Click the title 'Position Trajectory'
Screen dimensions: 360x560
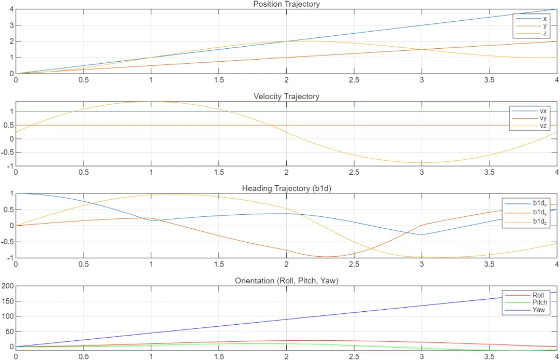click(x=286, y=4)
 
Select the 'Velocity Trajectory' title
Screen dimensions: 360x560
click(x=286, y=96)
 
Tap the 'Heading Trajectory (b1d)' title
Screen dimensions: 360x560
click(x=286, y=188)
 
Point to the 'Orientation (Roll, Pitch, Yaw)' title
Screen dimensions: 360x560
click(x=286, y=281)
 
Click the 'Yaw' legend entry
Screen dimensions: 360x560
click(x=538, y=310)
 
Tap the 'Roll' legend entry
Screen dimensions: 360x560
click(x=538, y=295)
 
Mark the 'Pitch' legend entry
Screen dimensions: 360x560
click(x=539, y=302)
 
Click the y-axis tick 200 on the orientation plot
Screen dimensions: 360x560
click(x=7, y=286)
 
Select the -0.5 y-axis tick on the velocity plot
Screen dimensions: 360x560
click(x=7, y=153)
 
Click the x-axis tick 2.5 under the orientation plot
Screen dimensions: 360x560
click(x=354, y=356)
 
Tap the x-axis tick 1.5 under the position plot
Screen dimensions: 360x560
click(x=219, y=80)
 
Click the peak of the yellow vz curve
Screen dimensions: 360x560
click(x=151, y=102)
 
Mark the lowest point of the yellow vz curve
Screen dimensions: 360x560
click(x=422, y=162)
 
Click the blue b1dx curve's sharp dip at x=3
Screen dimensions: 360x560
click(x=422, y=234)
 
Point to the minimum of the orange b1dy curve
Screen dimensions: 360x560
click(x=327, y=256)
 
